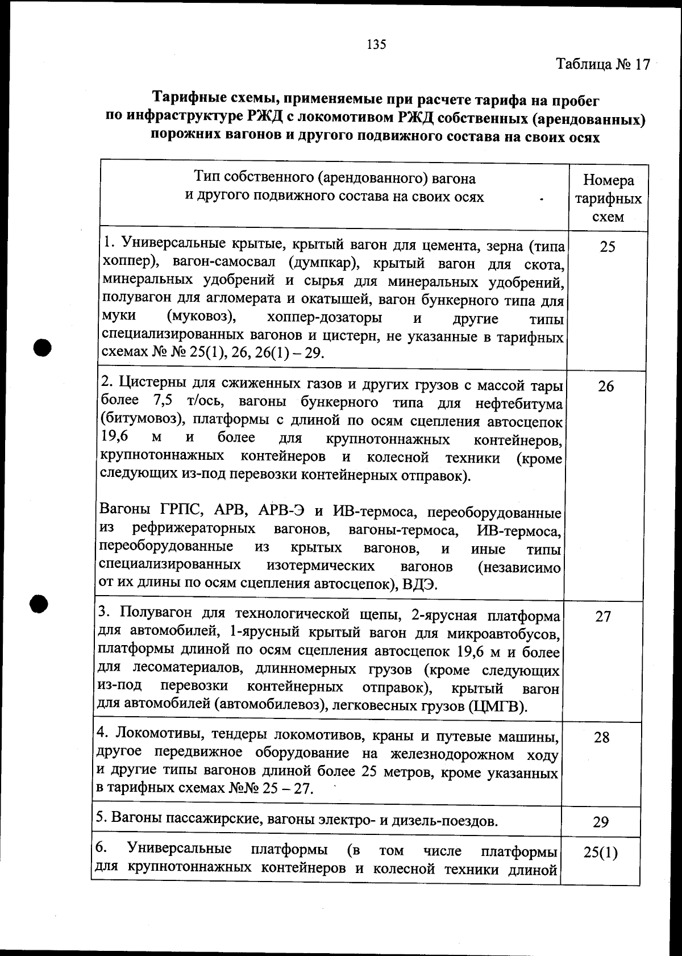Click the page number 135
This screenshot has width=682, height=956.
click(x=377, y=44)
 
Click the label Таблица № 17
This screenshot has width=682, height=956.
click(x=603, y=64)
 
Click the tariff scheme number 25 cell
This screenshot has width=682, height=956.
click(x=608, y=247)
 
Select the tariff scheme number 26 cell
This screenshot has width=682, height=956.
click(x=606, y=386)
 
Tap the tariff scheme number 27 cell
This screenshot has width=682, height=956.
click(x=603, y=617)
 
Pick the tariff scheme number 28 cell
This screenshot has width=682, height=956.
click(x=602, y=738)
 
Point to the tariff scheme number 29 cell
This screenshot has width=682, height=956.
click(x=601, y=822)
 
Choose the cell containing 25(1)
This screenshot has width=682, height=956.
click(x=600, y=853)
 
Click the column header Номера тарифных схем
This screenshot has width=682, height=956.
click(x=608, y=198)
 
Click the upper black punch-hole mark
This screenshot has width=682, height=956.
click(x=43, y=347)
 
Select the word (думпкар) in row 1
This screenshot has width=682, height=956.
click(x=321, y=263)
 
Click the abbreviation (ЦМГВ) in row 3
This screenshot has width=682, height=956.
click(x=498, y=707)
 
